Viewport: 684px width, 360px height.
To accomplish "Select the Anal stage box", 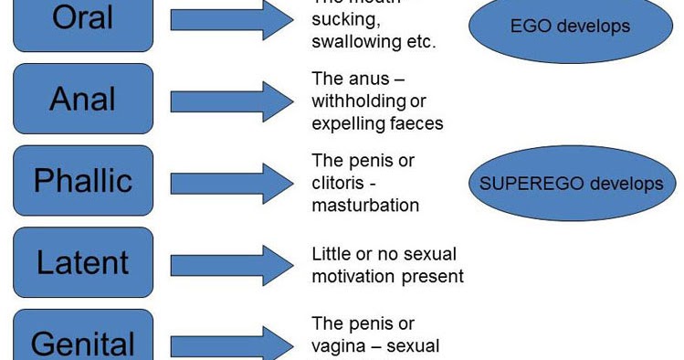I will (83, 100).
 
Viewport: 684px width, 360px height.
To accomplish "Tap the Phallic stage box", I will (83, 180).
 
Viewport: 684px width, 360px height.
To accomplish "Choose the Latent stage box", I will (83, 262).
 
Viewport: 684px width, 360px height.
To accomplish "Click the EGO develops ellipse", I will (570, 26).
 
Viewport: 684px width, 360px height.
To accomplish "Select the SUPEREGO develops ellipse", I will (571, 184).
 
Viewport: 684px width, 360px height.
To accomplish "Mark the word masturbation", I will (365, 205).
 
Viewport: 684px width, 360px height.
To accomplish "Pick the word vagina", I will (339, 346).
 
